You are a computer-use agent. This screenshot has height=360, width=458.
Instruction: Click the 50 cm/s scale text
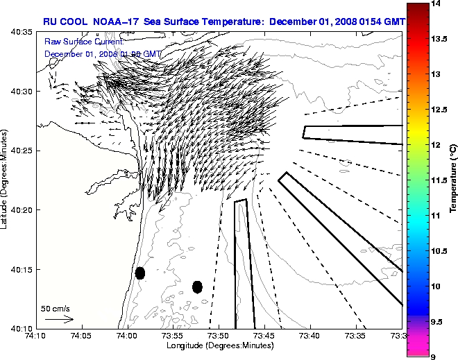[x=55, y=309]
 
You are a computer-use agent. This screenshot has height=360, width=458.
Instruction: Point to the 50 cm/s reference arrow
[x=59, y=320]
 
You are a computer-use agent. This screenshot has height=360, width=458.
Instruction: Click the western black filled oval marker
[x=140, y=273]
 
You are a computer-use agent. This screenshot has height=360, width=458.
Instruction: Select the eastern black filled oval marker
[x=197, y=286]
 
